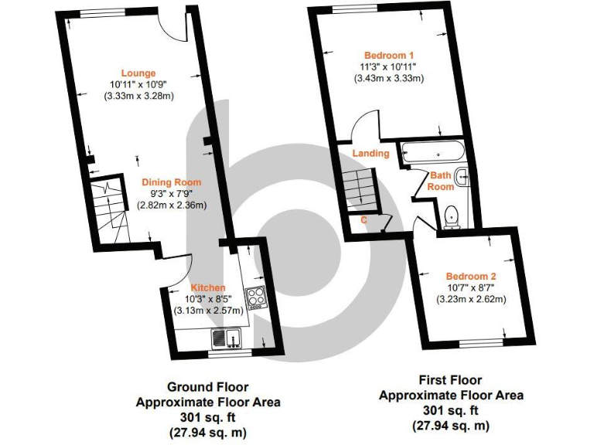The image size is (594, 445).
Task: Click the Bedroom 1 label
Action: (x=390, y=56)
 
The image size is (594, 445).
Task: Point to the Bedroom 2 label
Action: (x=471, y=277)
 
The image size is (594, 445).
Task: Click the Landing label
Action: (x=371, y=153)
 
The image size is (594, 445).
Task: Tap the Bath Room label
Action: (x=442, y=182)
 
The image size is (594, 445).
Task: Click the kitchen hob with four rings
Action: (x=256, y=297)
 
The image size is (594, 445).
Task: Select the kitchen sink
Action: (x=227, y=338)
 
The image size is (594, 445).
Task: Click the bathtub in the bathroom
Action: (x=432, y=152)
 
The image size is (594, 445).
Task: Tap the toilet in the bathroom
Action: (x=452, y=216)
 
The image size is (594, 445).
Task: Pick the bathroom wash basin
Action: (x=463, y=177)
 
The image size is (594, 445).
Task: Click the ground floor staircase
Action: (x=107, y=202)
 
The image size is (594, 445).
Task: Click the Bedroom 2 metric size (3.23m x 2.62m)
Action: (x=471, y=299)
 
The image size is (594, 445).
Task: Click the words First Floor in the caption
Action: (x=450, y=380)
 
